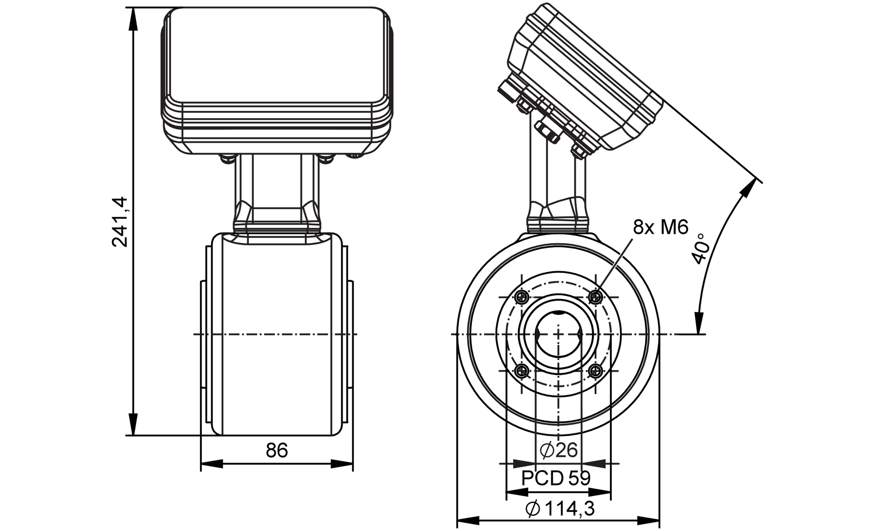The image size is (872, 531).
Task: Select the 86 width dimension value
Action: pos(277,450)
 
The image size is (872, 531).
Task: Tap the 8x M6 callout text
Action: pos(660,227)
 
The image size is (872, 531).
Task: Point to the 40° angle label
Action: pos(700,249)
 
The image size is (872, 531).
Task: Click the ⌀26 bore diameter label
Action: pos(559,450)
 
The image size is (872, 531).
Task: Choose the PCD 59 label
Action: pos(556,478)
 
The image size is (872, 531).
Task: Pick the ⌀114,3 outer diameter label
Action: pos(560,508)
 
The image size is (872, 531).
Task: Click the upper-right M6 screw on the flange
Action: pos(595,298)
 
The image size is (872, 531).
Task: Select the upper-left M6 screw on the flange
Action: pos(522,298)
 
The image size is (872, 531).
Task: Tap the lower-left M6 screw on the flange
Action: pos(522,371)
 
